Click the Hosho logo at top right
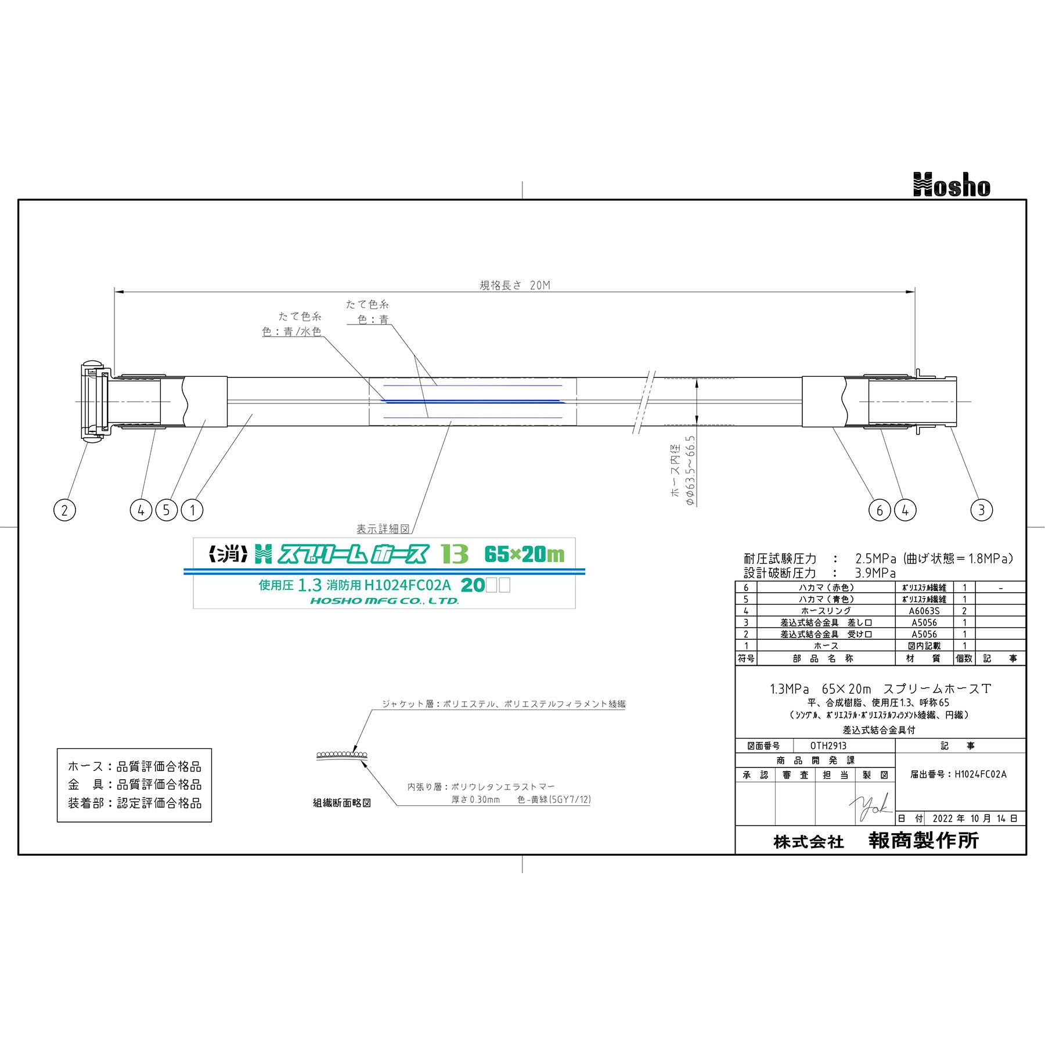click(x=952, y=185)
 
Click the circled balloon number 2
click(x=64, y=510)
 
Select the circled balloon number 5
click(x=166, y=510)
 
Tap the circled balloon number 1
click(x=192, y=510)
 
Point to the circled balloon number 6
click(x=880, y=510)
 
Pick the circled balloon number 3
click(x=982, y=510)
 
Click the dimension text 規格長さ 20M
click(x=514, y=285)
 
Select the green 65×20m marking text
click(x=524, y=555)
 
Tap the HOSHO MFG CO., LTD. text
click(x=384, y=601)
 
